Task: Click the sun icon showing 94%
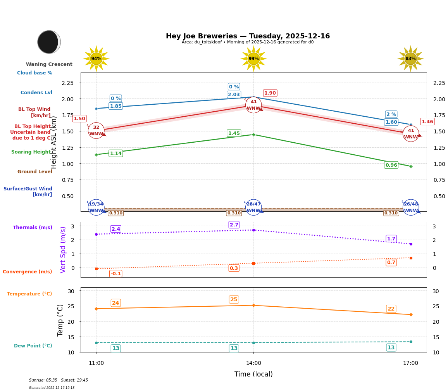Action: pyautogui.click(x=96, y=59)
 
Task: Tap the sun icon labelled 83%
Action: pyautogui.click(x=410, y=59)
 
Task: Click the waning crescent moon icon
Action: pyautogui.click(x=49, y=42)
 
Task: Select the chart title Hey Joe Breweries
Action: pyautogui.click(x=248, y=36)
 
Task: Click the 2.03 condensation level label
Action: pyautogui.click(x=234, y=95)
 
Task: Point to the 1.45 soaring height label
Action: pyautogui.click(x=234, y=133)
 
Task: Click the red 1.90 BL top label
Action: pyautogui.click(x=270, y=93)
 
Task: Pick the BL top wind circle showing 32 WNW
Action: pyautogui.click(x=96, y=131)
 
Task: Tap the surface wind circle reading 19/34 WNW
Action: pyautogui.click(x=96, y=207)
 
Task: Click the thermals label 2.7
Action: pyautogui.click(x=234, y=225)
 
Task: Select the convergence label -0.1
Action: pyautogui.click(x=115, y=274)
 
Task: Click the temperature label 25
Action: pyautogui.click(x=234, y=300)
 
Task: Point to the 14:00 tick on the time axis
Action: pyautogui.click(x=253, y=363)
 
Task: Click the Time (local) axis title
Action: pyautogui.click(x=253, y=374)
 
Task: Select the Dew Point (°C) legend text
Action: pyautogui.click(x=33, y=346)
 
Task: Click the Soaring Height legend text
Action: pyautogui.click(x=31, y=152)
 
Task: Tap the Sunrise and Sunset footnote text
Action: pyautogui.click(x=59, y=380)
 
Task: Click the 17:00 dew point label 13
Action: pyautogui.click(x=391, y=347)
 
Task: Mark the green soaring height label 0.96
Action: pyautogui.click(x=391, y=165)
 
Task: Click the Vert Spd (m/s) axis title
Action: pyautogui.click(x=63, y=250)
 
